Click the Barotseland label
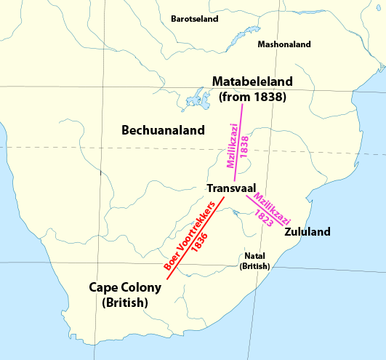tap(194, 19)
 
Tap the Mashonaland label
tap(284, 44)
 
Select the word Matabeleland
tap(252, 81)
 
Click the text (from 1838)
tap(252, 96)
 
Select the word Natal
tap(254, 256)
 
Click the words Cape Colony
tap(124, 287)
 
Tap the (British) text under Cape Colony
tap(125, 303)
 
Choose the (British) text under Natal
tap(254, 267)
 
